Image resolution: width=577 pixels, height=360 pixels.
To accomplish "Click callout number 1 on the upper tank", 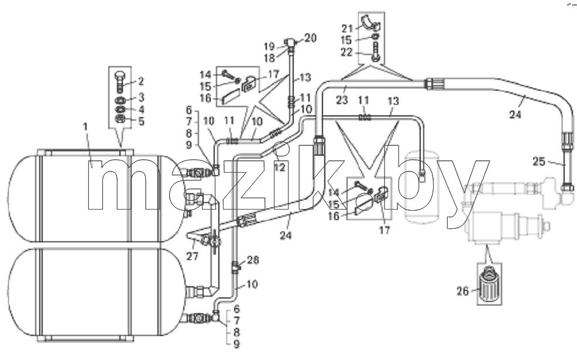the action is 85,127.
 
